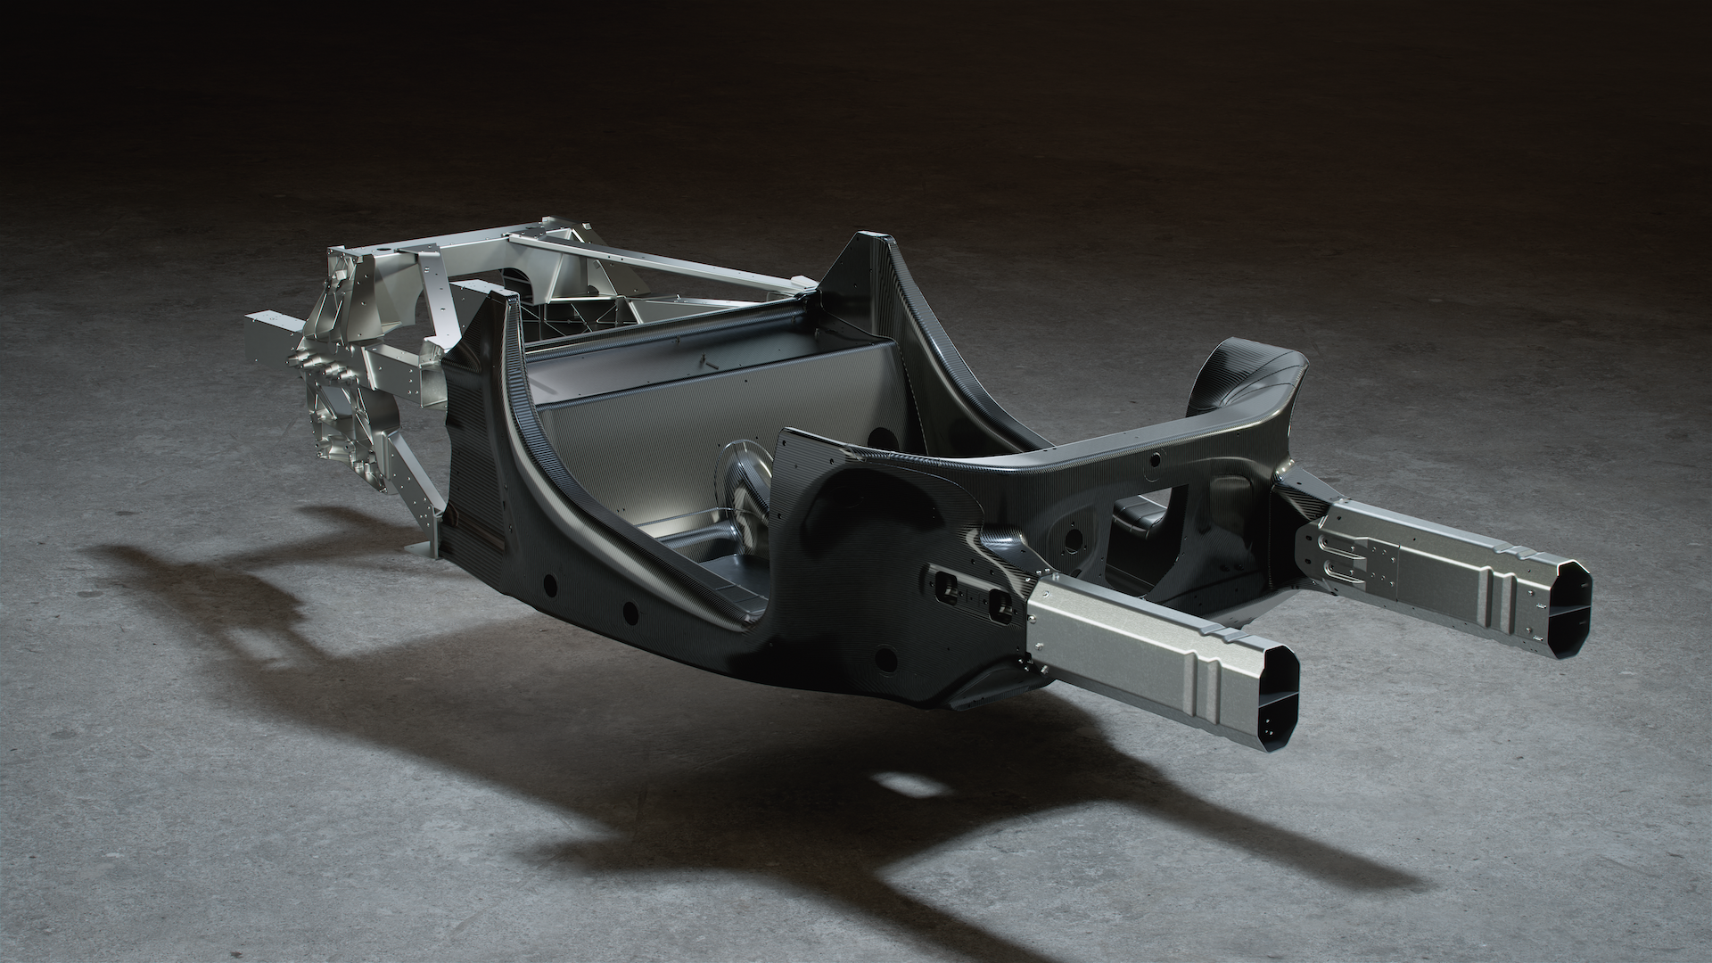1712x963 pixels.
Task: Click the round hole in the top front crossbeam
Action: [1155, 460]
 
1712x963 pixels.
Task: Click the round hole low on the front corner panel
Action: [885, 659]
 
